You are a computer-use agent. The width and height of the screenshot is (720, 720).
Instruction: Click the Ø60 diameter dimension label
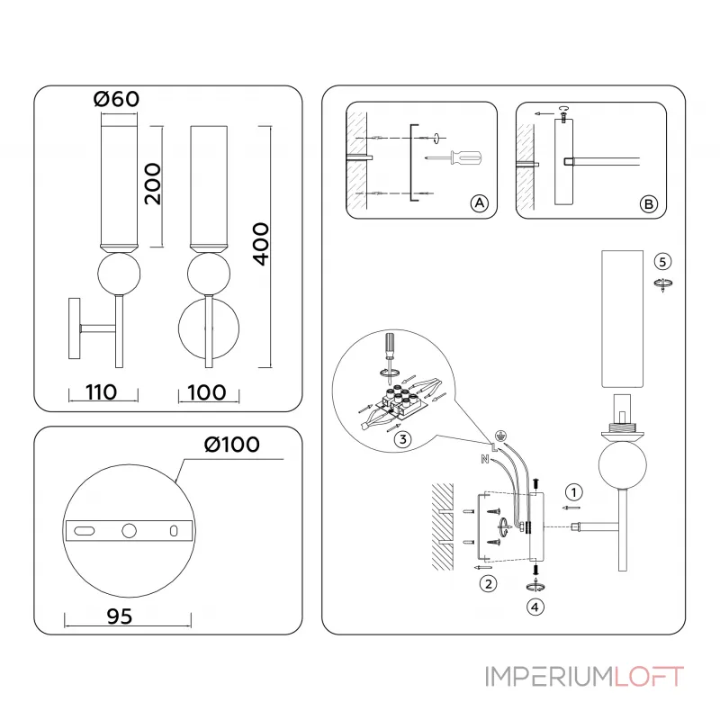click(x=117, y=99)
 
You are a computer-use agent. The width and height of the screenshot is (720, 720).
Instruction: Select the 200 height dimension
click(x=153, y=184)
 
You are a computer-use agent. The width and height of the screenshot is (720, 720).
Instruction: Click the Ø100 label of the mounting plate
click(x=231, y=445)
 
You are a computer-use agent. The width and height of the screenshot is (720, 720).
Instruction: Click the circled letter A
click(x=480, y=203)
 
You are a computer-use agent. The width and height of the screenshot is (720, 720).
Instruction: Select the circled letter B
click(x=648, y=203)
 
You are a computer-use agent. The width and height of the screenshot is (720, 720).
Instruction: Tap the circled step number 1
click(x=572, y=492)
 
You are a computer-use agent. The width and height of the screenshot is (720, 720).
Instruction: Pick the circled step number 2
click(x=488, y=583)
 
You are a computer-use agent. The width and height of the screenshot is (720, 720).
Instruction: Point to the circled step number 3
click(x=403, y=438)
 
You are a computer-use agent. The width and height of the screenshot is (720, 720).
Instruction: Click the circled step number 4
click(x=535, y=607)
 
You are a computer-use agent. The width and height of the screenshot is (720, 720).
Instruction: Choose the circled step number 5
click(x=662, y=261)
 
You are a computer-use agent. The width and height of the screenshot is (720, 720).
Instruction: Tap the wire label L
click(x=494, y=445)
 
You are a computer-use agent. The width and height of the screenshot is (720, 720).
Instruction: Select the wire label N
click(x=485, y=459)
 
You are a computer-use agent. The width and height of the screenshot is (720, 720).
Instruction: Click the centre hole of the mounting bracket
click(x=130, y=530)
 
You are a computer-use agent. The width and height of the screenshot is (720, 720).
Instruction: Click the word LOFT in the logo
click(x=650, y=676)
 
